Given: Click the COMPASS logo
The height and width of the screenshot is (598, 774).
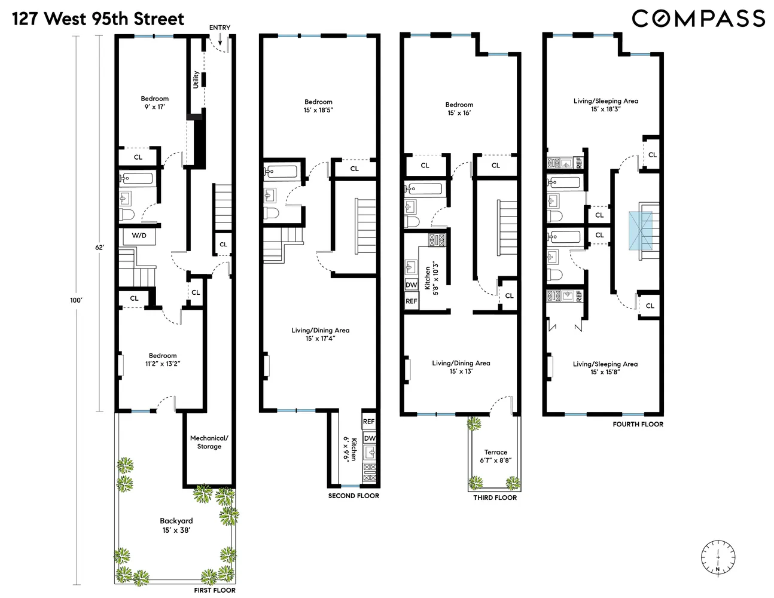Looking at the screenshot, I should click(x=698, y=19).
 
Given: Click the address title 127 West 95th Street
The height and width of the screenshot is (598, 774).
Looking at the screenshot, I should click(x=98, y=19).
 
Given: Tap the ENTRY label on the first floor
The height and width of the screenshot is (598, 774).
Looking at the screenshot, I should click(x=220, y=28).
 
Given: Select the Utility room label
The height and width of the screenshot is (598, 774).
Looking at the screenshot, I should click(x=196, y=80).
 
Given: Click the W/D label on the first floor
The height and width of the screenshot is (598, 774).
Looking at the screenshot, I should click(x=139, y=236).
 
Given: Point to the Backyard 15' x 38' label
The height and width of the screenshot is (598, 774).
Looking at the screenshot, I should click(x=176, y=526).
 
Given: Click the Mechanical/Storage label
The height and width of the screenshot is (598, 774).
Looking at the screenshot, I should click(x=209, y=442).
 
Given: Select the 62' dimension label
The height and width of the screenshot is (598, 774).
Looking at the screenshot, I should click(x=100, y=247).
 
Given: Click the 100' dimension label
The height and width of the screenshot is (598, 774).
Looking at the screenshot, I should click(x=75, y=301).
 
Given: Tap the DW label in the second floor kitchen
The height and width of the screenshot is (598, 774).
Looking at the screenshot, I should click(x=370, y=438).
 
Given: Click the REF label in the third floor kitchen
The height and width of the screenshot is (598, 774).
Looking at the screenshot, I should click(x=412, y=301).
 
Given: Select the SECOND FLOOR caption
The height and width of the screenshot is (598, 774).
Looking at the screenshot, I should click(x=354, y=496).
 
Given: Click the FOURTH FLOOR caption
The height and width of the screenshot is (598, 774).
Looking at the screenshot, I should click(x=638, y=425).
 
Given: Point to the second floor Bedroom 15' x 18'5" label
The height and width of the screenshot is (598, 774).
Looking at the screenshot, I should click(x=318, y=106).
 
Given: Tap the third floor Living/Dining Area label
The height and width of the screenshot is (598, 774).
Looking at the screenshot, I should click(x=461, y=367).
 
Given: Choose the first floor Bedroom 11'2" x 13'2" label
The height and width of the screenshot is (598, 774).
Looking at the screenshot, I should click(x=163, y=359).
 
